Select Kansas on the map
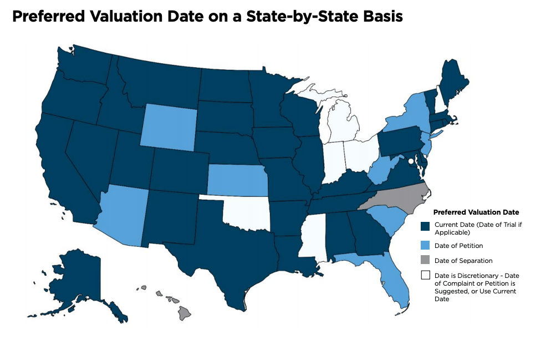pyautogui.click(x=237, y=180)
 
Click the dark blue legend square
pyautogui.click(x=426, y=226)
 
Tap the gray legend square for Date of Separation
pyautogui.click(x=426, y=260)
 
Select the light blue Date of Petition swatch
pyautogui.click(x=426, y=245)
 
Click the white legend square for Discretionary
pyautogui.click(x=426, y=275)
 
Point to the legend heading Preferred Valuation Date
pyautogui.click(x=475, y=212)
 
